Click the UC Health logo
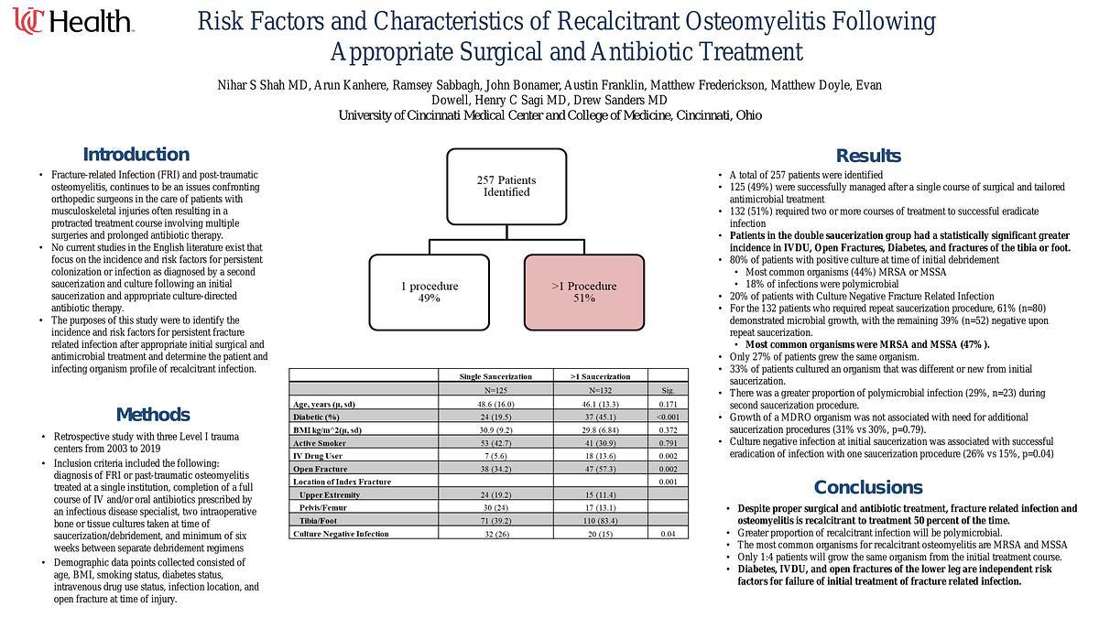tap(73, 20)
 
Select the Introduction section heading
tap(136, 155)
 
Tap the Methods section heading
tap(153, 415)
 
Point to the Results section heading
tap(868, 156)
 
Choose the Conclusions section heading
tap(867, 487)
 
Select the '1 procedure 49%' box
tap(429, 292)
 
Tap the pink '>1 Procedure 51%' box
tap(584, 292)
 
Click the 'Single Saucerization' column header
tap(495, 376)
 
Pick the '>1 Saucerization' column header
tap(600, 376)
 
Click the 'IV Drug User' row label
tap(319, 456)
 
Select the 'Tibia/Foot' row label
tap(322, 520)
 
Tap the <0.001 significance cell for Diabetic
tap(667, 417)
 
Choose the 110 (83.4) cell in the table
tap(600, 520)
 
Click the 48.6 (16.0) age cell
tap(495, 404)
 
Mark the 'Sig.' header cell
tap(667, 391)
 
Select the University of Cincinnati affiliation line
tap(549, 115)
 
